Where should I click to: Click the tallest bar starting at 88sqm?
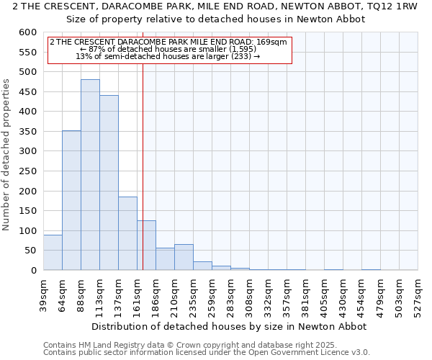90,175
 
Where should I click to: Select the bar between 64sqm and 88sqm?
71,200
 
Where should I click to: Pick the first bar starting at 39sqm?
53,253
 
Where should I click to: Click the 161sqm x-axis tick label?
138,295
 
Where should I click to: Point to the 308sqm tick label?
250,295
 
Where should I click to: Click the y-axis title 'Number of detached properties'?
6,155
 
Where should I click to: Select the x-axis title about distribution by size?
230,326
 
